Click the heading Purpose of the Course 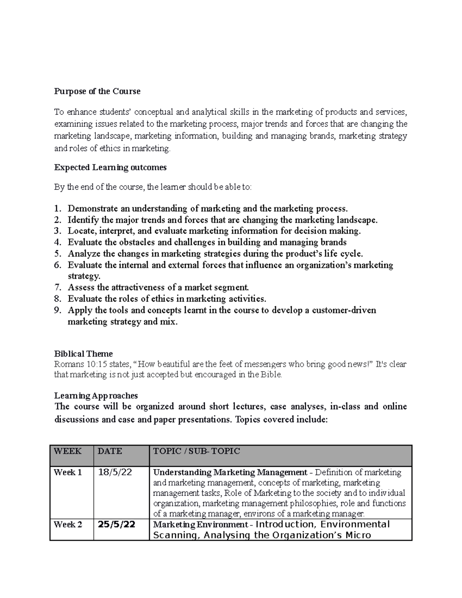(97, 91)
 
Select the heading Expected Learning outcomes (110, 168)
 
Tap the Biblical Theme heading (83, 354)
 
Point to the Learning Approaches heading (96, 395)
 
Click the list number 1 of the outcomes (58, 209)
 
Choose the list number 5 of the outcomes (58, 254)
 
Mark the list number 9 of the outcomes (58, 310)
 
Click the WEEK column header (67, 451)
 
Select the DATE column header (110, 451)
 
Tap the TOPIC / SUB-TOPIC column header (196, 451)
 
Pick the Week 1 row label (68, 472)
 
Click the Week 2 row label (68, 524)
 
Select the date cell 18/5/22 (115, 472)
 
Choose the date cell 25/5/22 (116, 524)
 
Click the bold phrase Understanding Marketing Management (230, 472)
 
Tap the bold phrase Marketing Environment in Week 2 (200, 524)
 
